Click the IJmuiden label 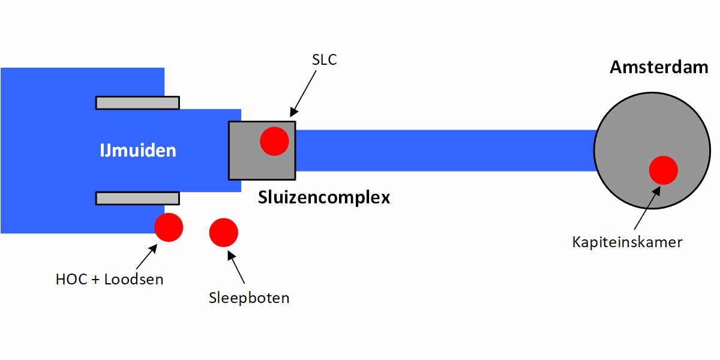click(138, 150)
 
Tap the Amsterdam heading click(659, 67)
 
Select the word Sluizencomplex click(324, 197)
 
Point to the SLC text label click(325, 60)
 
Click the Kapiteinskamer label click(628, 242)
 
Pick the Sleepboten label click(249, 298)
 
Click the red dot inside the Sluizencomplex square click(274, 142)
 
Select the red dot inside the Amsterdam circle click(663, 169)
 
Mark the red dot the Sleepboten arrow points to click(223, 232)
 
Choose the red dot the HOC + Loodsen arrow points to click(168, 227)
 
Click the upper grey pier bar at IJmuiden click(137, 103)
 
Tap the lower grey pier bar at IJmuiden click(137, 198)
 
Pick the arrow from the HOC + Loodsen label click(146, 256)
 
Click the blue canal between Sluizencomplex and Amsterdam click(444, 150)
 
